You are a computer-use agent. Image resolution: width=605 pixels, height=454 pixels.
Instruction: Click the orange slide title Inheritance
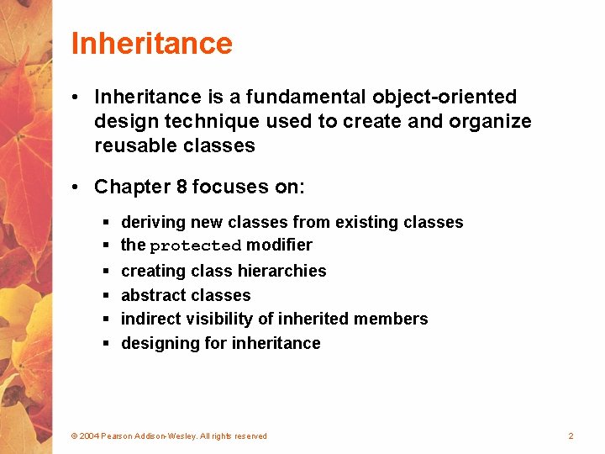click(151, 43)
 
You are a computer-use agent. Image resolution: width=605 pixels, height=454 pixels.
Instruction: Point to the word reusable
click(135, 145)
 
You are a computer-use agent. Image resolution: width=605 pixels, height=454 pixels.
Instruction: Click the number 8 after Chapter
click(181, 187)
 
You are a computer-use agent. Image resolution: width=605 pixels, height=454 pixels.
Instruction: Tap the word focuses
click(226, 187)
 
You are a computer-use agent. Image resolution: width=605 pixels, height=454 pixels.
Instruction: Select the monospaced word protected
click(195, 246)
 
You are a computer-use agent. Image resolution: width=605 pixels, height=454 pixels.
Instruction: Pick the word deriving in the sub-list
click(154, 223)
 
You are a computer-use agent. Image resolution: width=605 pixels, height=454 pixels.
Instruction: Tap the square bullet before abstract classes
click(107, 296)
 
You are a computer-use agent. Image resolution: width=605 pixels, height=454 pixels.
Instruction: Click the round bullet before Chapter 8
click(76, 187)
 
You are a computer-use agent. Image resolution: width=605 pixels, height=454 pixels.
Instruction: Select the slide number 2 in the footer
click(571, 436)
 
